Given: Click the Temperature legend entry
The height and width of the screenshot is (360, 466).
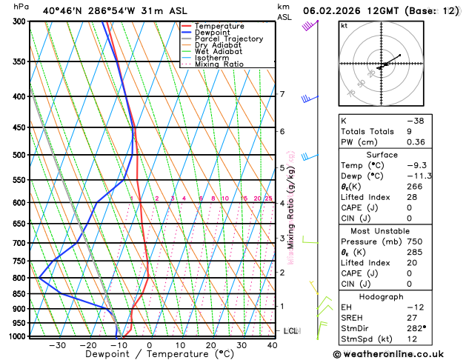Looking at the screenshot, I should coord(215,26).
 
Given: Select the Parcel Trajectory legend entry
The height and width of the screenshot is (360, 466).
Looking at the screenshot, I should coord(228,39).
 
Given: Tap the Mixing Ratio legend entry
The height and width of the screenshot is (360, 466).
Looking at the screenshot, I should coord(219,64).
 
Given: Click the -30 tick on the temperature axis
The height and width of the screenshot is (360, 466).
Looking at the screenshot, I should coord(57,345).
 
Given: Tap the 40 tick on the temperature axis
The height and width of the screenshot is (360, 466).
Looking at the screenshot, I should coord(273,345).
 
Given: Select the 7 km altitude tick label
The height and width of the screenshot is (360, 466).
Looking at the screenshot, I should coord(282,94).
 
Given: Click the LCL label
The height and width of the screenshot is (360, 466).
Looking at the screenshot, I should coord(290,331).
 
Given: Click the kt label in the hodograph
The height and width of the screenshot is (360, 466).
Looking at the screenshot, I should coord(344,25).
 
